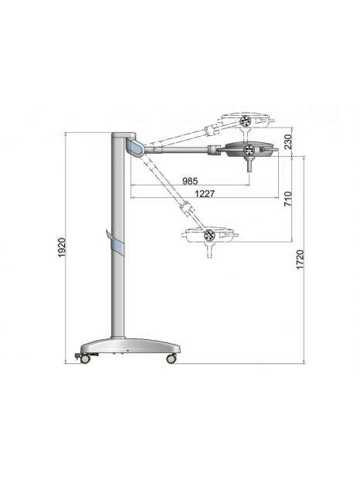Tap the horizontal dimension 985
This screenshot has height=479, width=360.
click(189, 181)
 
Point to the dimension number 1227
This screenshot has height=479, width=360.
click(205, 193)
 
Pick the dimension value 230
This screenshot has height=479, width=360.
click(287, 143)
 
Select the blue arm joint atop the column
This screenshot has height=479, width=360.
click(133, 147)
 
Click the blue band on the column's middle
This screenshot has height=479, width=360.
click(117, 246)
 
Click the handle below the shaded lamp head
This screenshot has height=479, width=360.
click(249, 164)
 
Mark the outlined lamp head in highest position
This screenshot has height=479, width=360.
click(246, 121)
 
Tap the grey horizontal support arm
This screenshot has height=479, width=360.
click(185, 149)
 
